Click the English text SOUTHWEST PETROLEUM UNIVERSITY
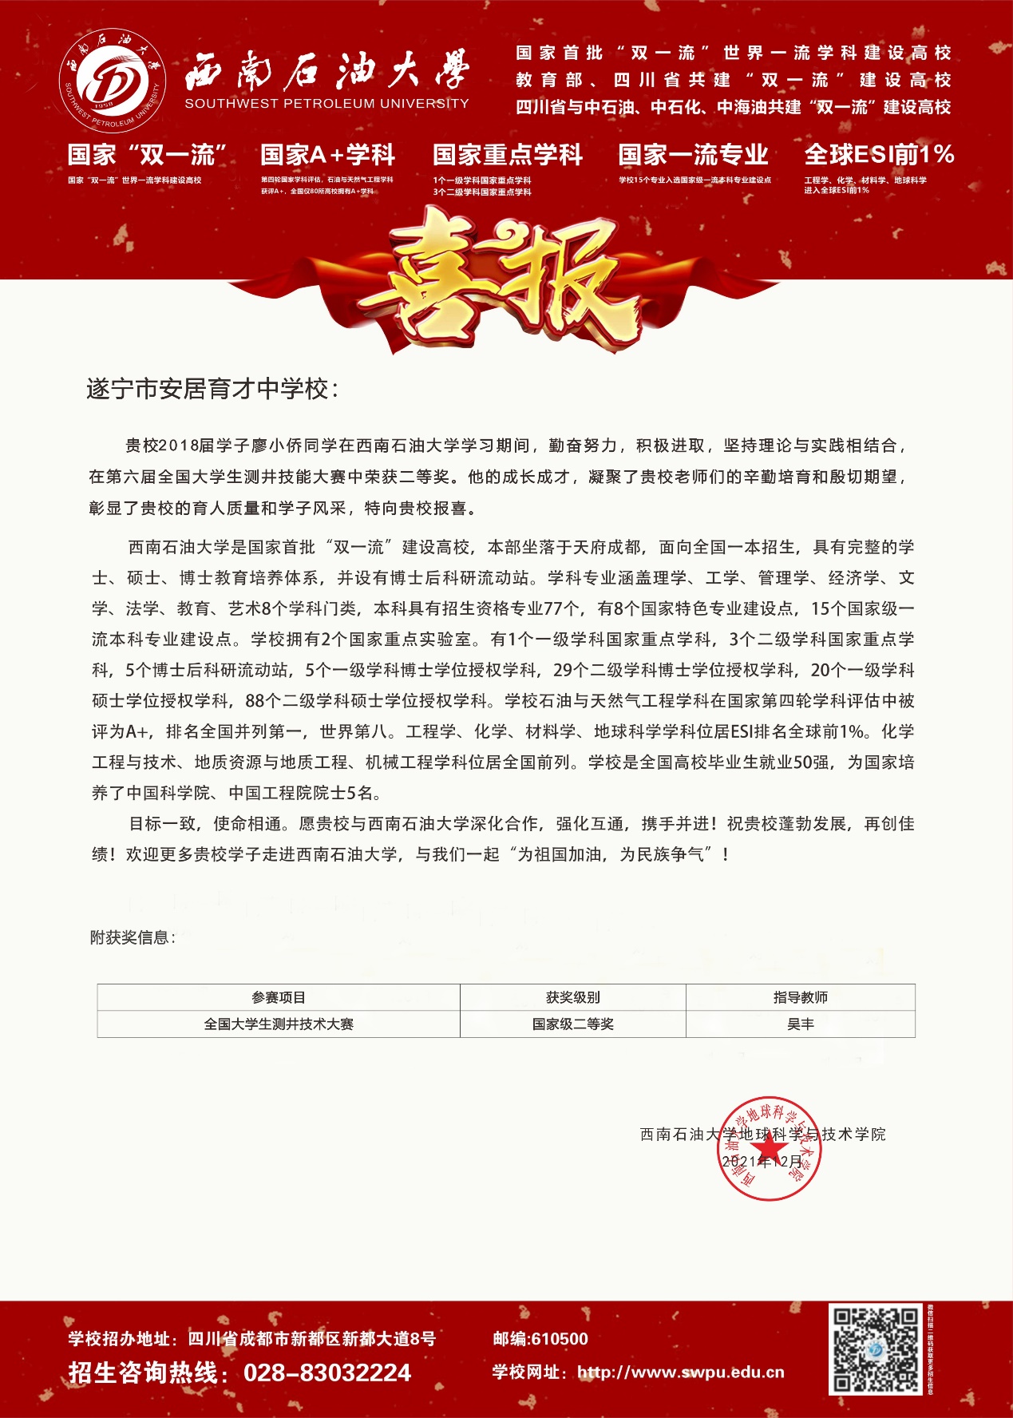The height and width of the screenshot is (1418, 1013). (326, 103)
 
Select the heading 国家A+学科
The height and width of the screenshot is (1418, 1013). (327, 154)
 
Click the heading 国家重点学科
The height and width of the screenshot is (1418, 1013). (508, 154)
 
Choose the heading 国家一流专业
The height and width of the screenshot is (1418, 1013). (693, 154)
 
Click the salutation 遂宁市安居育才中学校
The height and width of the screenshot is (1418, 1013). (212, 389)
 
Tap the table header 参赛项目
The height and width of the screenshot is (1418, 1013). (279, 997)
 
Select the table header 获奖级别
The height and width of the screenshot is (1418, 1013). (573, 997)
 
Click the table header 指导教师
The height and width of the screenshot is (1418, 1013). (800, 997)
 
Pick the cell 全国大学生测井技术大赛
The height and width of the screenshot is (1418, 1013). (279, 1024)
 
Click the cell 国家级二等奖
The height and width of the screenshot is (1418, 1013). (573, 1024)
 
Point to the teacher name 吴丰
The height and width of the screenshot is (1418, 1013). (800, 1024)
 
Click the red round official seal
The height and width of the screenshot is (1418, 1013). (770, 1148)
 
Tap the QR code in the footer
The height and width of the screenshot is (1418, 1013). (876, 1350)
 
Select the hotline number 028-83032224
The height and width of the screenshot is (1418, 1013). (327, 1372)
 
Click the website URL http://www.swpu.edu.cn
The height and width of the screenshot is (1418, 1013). (680, 1372)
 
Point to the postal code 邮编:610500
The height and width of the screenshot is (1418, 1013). (540, 1339)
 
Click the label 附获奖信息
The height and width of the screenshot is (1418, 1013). (133, 937)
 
